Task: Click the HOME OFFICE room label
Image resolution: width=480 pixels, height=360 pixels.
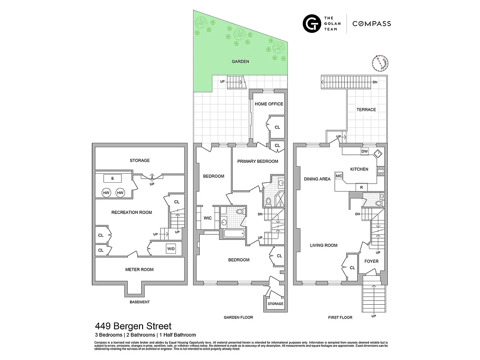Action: point(269,104)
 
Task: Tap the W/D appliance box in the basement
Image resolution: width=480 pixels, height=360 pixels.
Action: point(171,248)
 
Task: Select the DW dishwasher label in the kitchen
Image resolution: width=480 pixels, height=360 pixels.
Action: point(364,152)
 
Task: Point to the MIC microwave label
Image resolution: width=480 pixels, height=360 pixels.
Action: point(339,175)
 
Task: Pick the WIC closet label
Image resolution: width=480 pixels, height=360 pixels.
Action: point(207,218)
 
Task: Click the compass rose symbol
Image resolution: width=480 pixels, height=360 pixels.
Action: point(381,63)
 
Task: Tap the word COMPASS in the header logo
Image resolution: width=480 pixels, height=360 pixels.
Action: point(371,23)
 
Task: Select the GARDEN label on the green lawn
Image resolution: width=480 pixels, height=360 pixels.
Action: point(240,62)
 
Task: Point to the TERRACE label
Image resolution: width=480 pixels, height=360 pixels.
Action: point(366,110)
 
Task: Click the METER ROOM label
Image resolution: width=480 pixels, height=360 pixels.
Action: point(139,270)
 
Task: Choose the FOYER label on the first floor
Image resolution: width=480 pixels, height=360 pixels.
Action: point(372,261)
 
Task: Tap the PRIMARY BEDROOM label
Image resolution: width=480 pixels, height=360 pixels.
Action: point(258,161)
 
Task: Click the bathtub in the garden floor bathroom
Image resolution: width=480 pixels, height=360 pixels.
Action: point(233,233)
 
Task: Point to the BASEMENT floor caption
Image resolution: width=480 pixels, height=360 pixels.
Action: point(139,302)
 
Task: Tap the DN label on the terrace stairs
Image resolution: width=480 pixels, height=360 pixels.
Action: point(375,82)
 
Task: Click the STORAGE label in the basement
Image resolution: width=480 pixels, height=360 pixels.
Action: point(139,160)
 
